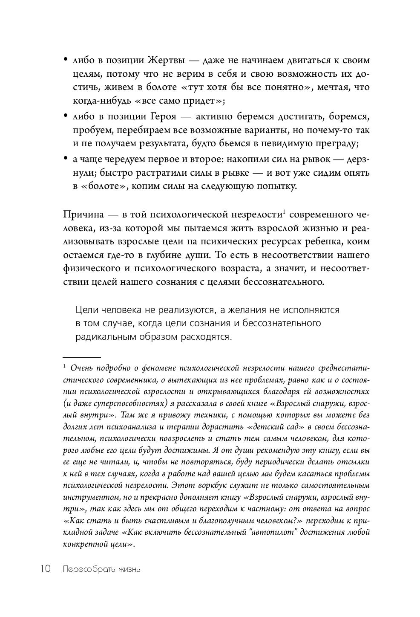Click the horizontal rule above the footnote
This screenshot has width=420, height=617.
coord(81,358)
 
